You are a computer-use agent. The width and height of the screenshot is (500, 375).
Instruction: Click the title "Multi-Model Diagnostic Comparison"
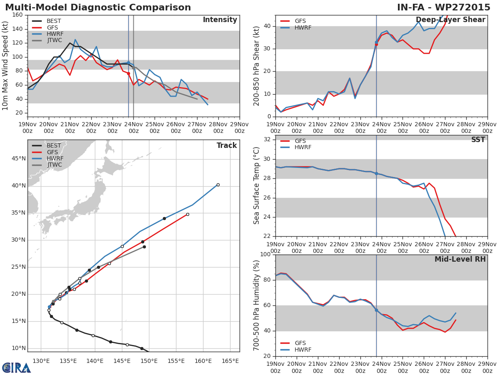[98, 7]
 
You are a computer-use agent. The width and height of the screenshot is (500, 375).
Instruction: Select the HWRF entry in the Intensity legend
[54, 34]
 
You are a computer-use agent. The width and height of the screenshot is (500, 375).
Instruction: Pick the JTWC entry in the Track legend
[54, 165]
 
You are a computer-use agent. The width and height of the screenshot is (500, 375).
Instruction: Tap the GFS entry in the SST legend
[300, 141]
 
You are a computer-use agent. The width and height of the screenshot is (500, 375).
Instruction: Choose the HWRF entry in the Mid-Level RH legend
[302, 350]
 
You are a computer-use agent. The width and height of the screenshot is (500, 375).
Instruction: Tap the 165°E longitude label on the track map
[230, 361]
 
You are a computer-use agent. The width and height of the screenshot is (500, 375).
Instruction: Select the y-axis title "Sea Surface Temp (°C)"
[257, 185]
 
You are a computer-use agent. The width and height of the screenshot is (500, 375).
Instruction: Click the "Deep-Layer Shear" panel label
[450, 20]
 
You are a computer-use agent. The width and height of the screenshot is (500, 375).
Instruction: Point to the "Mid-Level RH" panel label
[460, 260]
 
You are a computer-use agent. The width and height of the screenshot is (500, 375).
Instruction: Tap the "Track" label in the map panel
[227, 146]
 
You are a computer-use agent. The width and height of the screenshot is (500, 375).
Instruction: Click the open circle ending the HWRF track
[218, 185]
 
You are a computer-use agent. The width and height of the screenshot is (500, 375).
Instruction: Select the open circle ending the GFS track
[187, 215]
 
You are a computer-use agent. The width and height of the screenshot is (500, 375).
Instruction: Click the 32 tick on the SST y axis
[266, 140]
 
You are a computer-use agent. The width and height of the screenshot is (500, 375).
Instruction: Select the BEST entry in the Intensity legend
[54, 21]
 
